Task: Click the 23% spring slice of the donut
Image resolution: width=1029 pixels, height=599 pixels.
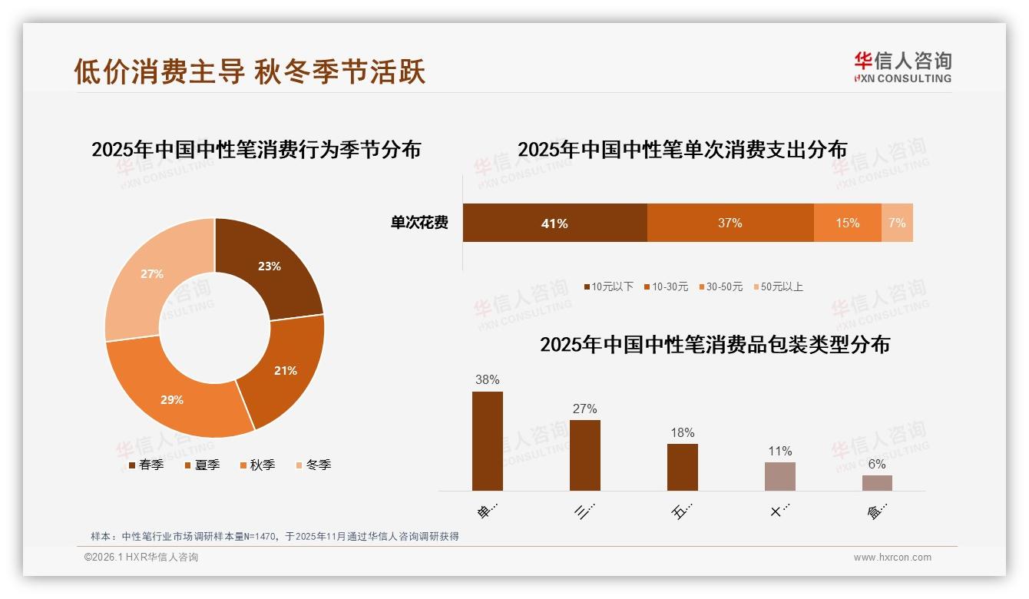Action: click(x=269, y=266)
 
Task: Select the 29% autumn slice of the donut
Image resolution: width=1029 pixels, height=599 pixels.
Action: click(x=173, y=399)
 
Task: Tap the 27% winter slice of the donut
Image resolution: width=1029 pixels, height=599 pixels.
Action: click(x=152, y=274)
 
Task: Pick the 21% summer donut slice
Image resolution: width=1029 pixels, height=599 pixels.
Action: click(x=285, y=370)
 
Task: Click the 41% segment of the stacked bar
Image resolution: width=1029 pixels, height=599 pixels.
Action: click(x=554, y=223)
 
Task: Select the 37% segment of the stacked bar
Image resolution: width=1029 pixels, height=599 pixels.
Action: click(x=730, y=223)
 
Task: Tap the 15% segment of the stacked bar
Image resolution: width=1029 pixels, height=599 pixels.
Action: click(x=847, y=223)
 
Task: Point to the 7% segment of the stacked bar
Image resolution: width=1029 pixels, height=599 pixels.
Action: click(x=897, y=223)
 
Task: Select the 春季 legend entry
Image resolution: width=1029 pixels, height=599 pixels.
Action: click(x=145, y=465)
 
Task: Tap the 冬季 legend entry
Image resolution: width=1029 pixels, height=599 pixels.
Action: click(x=313, y=465)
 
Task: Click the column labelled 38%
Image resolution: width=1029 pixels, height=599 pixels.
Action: click(x=487, y=441)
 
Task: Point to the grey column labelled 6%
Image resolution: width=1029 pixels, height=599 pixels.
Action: click(x=877, y=482)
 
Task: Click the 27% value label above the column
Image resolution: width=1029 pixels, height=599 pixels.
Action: click(x=584, y=409)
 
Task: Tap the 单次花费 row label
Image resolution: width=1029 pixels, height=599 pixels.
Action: click(x=419, y=223)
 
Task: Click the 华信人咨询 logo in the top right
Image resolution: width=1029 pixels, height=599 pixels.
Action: click(x=902, y=67)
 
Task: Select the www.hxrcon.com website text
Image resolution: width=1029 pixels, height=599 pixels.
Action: click(x=892, y=558)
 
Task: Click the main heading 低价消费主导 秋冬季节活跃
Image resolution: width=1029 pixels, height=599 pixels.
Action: click(x=250, y=71)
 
